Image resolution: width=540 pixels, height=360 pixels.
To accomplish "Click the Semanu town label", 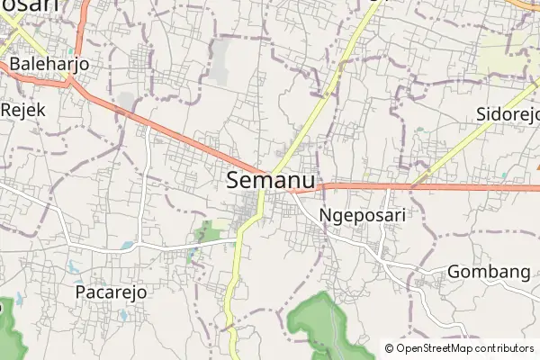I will pos(271,180).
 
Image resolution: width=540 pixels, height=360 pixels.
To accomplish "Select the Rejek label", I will pos(23,107).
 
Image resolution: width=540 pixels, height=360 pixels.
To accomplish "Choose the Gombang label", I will pos(488,272).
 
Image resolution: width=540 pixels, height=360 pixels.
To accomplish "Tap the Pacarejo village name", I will pos(111,292).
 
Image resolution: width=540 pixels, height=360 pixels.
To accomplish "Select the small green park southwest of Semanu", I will pos(210,232).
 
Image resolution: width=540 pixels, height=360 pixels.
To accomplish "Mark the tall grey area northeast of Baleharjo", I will pos(220,59).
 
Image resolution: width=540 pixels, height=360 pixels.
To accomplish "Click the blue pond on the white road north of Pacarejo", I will pos(126,245).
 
